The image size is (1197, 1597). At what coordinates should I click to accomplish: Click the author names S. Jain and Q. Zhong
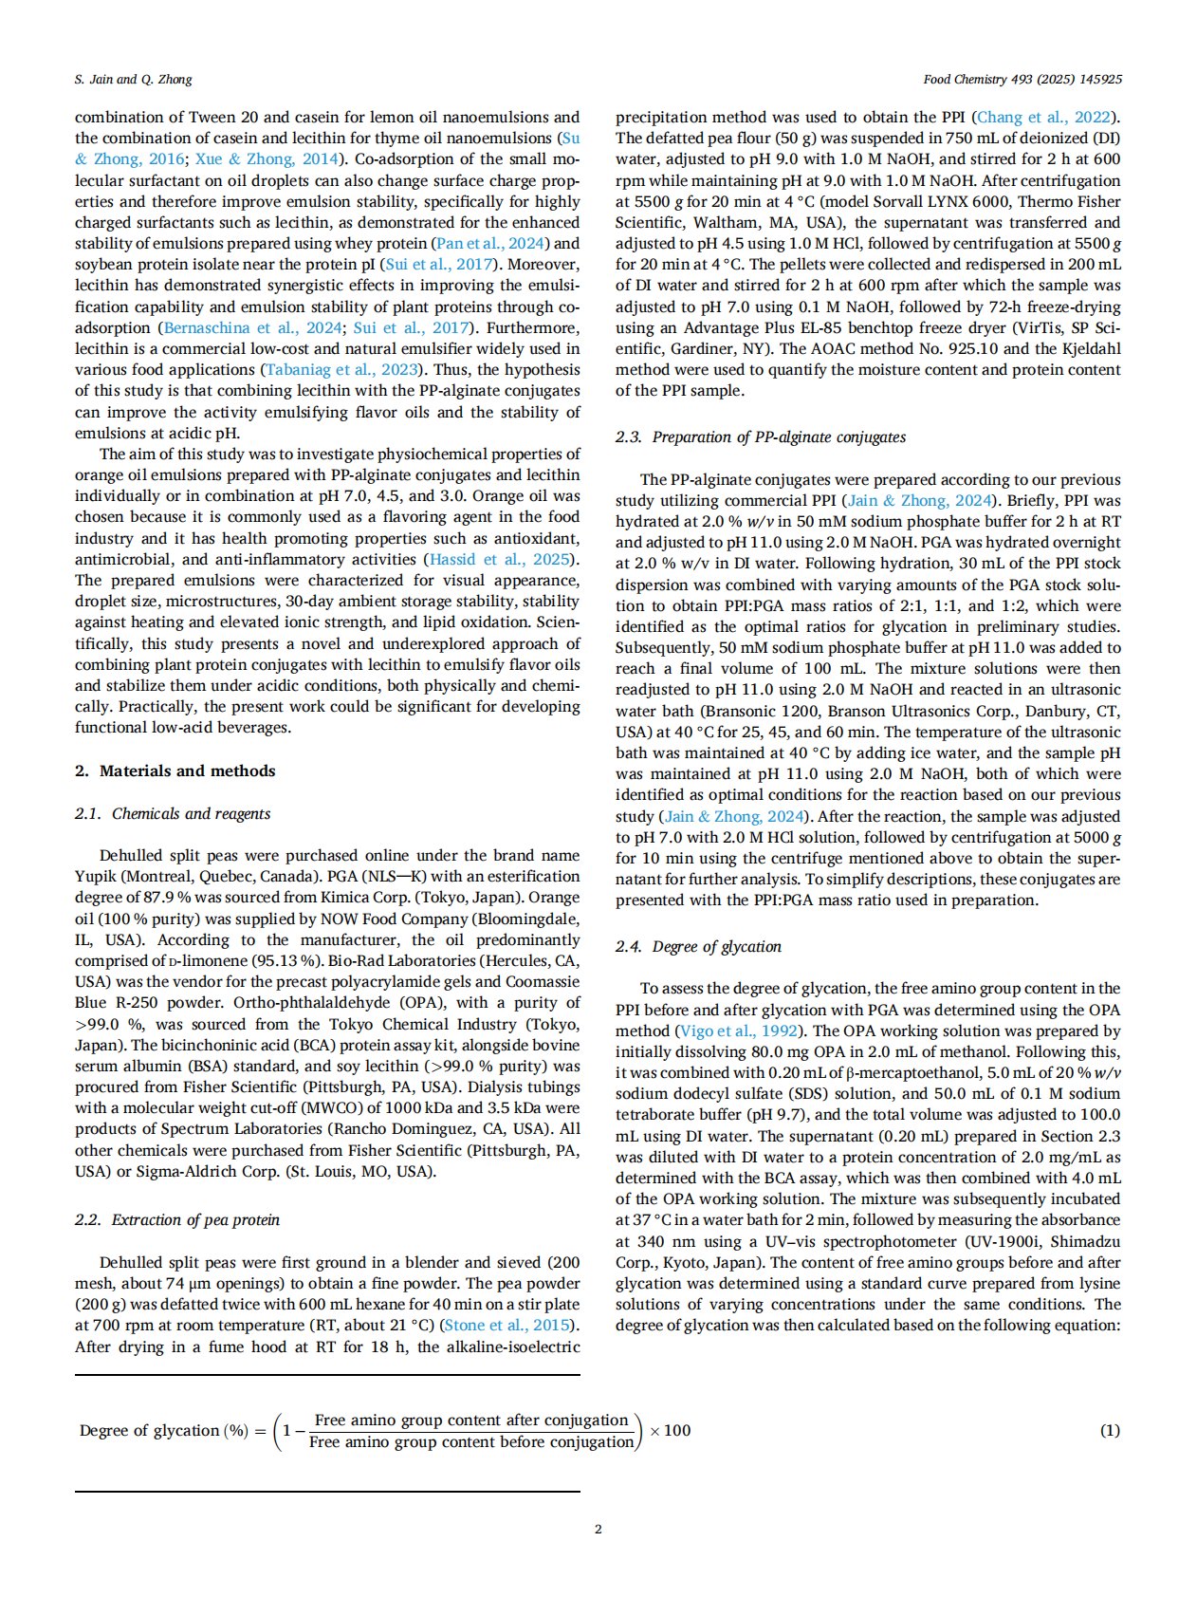(133, 79)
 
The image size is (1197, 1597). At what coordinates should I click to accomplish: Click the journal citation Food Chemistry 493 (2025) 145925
(1022, 79)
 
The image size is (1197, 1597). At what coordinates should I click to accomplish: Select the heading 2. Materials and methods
(175, 771)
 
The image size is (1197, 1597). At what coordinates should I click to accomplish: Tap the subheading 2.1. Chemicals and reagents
(173, 813)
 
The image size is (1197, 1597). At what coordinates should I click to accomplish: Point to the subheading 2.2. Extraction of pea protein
(177, 1219)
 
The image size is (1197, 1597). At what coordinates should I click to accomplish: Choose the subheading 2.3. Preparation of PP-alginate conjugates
(761, 436)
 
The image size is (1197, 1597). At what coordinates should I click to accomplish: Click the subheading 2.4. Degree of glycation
(698, 946)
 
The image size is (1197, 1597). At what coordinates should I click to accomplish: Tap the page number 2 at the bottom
(598, 1529)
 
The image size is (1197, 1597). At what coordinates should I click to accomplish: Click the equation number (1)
(1110, 1430)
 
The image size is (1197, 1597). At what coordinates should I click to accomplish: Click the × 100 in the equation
(671, 1430)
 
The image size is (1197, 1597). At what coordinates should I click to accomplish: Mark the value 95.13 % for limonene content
(288, 960)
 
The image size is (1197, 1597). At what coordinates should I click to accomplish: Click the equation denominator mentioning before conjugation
(471, 1442)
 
